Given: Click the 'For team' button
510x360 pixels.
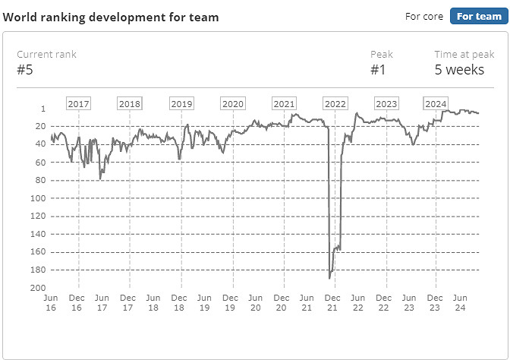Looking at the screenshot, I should (479, 16).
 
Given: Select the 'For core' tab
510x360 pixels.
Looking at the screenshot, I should (425, 16).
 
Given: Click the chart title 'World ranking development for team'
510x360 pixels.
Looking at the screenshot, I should (111, 17).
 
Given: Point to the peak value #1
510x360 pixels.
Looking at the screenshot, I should (379, 70).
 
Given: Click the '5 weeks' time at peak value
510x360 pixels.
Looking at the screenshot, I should (459, 70).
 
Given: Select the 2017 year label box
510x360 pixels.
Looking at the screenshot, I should (79, 104).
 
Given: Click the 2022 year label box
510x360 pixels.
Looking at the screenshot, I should (335, 104).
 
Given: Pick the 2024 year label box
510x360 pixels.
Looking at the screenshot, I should (436, 104).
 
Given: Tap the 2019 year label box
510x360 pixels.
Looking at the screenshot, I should (181, 104).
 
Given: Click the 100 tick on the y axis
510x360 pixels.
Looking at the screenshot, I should (35, 198).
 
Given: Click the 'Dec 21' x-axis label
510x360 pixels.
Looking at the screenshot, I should (332, 303).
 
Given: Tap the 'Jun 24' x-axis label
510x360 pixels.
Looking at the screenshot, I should (459, 303).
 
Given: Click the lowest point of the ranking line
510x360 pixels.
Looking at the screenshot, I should (329, 278).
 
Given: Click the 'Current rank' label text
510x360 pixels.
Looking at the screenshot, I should (46, 55).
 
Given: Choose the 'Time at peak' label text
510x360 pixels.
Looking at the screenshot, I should (464, 55).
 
